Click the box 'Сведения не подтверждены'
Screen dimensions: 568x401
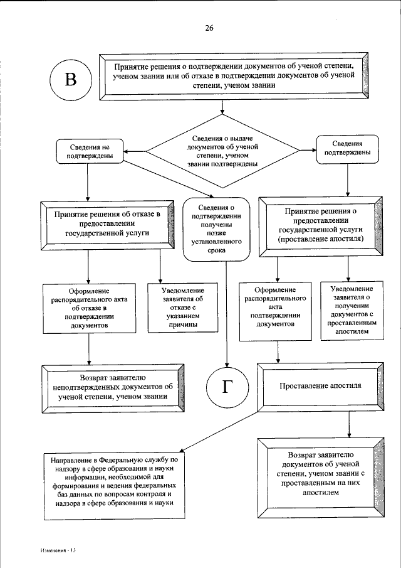[x=87, y=151]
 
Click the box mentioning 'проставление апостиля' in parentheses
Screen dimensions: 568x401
[x=320, y=226]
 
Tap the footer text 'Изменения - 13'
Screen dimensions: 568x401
[x=55, y=550]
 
